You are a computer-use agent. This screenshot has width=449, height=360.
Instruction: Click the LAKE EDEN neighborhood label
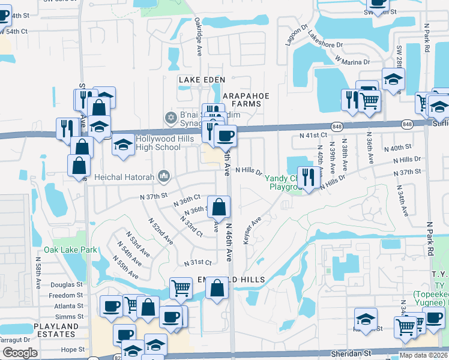point(201,80)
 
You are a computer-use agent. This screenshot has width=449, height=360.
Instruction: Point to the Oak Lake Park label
point(70,250)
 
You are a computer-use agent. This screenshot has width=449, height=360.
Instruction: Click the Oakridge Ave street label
point(198,37)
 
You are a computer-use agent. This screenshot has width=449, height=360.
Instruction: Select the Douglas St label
point(67,284)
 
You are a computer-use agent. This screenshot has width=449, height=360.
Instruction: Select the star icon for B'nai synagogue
point(170,116)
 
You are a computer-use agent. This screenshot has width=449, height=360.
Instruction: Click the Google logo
point(20,353)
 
